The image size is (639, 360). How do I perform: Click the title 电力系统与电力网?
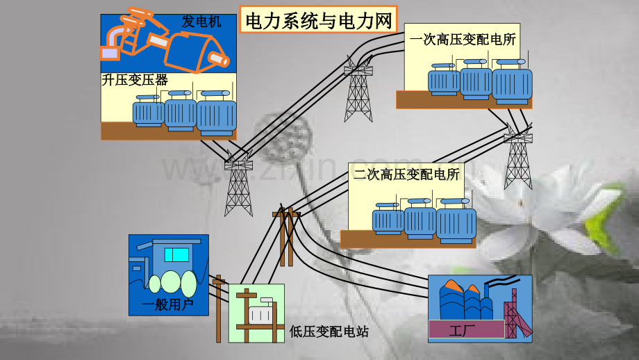click(318, 20)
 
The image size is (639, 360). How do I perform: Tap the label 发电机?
click(201, 22)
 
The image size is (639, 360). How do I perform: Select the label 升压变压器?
click(135, 80)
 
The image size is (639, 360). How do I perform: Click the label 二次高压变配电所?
click(407, 174)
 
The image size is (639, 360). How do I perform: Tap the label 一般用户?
click(167, 304)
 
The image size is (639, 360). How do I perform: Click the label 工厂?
click(462, 331)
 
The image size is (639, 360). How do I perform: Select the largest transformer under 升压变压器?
click(217, 114)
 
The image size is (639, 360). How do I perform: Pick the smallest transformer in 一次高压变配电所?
click(444, 80)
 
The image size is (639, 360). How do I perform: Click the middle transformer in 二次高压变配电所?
click(420, 219)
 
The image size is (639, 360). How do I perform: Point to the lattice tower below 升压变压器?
click(239, 184)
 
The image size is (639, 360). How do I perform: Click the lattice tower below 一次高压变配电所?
click(518, 157)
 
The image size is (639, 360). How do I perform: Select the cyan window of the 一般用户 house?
click(176, 254)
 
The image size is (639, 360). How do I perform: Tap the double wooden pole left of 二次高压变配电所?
click(286, 237)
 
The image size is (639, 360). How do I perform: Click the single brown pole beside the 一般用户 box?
click(219, 309)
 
